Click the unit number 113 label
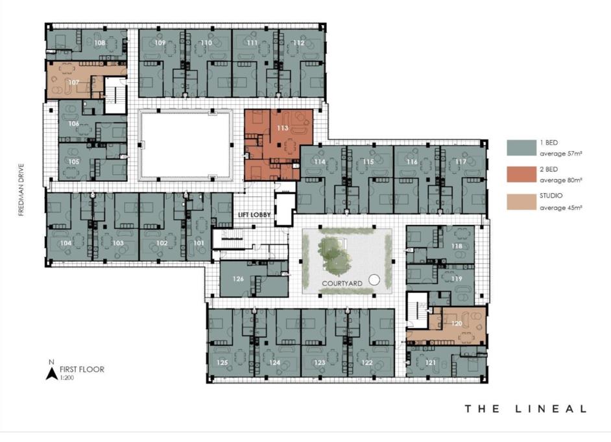click(x=283, y=128)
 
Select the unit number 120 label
click(x=457, y=323)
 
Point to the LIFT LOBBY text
click(x=254, y=215)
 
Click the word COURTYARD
click(x=342, y=283)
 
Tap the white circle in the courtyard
click(x=374, y=279)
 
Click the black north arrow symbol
click(x=51, y=374)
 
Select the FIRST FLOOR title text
click(x=82, y=369)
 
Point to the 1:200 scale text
click(x=67, y=378)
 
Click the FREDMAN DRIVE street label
click(x=21, y=189)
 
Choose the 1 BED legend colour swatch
click(x=521, y=148)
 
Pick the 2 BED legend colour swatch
click(x=521, y=174)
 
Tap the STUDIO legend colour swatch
click(x=521, y=202)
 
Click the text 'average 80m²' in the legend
click(x=561, y=180)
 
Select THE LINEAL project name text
click(x=525, y=408)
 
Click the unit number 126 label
click(x=238, y=279)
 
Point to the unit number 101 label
click(x=198, y=243)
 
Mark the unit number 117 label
click(x=461, y=161)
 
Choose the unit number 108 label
click(x=100, y=42)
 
